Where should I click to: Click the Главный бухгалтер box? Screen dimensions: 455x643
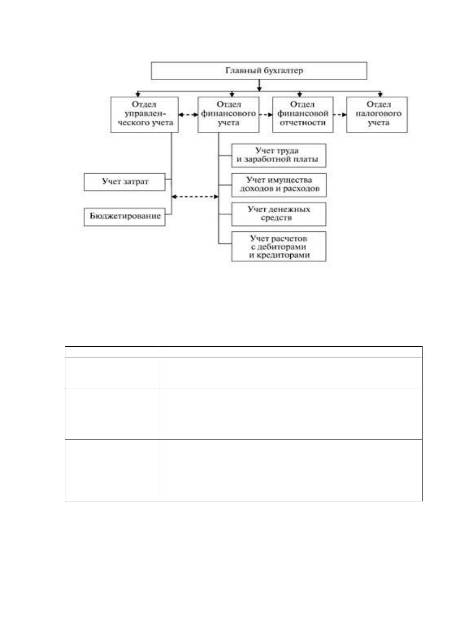click(259, 71)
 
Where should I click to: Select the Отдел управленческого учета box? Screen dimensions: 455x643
click(144, 115)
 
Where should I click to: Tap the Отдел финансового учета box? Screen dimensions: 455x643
click(228, 115)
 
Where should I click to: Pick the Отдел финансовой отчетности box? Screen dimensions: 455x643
click(303, 115)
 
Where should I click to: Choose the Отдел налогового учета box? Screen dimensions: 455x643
click(377, 115)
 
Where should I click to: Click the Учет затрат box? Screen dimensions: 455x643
click(125, 182)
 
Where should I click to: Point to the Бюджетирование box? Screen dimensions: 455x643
click(125, 217)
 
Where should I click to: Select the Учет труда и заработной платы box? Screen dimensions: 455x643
click(279, 155)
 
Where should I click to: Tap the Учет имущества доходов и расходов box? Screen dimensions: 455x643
click(279, 185)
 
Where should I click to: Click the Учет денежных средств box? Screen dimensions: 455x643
click(279, 214)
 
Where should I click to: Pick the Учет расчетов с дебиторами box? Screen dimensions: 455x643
click(279, 246)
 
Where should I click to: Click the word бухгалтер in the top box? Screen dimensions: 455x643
click(283, 71)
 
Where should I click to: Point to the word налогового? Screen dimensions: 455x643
click(378, 113)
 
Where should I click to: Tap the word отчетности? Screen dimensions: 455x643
click(303, 123)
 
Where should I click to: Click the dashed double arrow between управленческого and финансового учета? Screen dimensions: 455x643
click(188, 115)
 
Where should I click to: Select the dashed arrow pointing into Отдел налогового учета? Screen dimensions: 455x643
click(340, 115)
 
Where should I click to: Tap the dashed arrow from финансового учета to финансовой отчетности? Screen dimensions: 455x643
click(266, 115)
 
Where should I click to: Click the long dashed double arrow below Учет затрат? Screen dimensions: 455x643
click(195, 197)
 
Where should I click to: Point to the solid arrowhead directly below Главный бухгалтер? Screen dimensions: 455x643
click(259, 89)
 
